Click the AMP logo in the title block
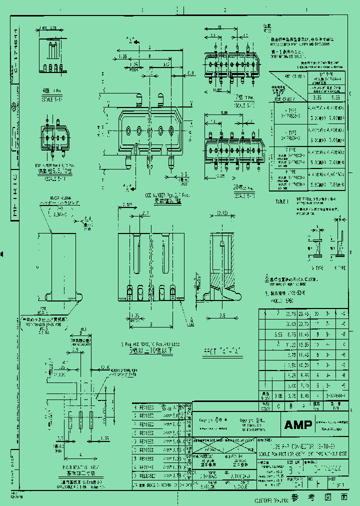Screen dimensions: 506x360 coord(298,425)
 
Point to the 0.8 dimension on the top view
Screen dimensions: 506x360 coord(190,73)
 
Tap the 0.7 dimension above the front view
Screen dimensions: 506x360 coord(144,213)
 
